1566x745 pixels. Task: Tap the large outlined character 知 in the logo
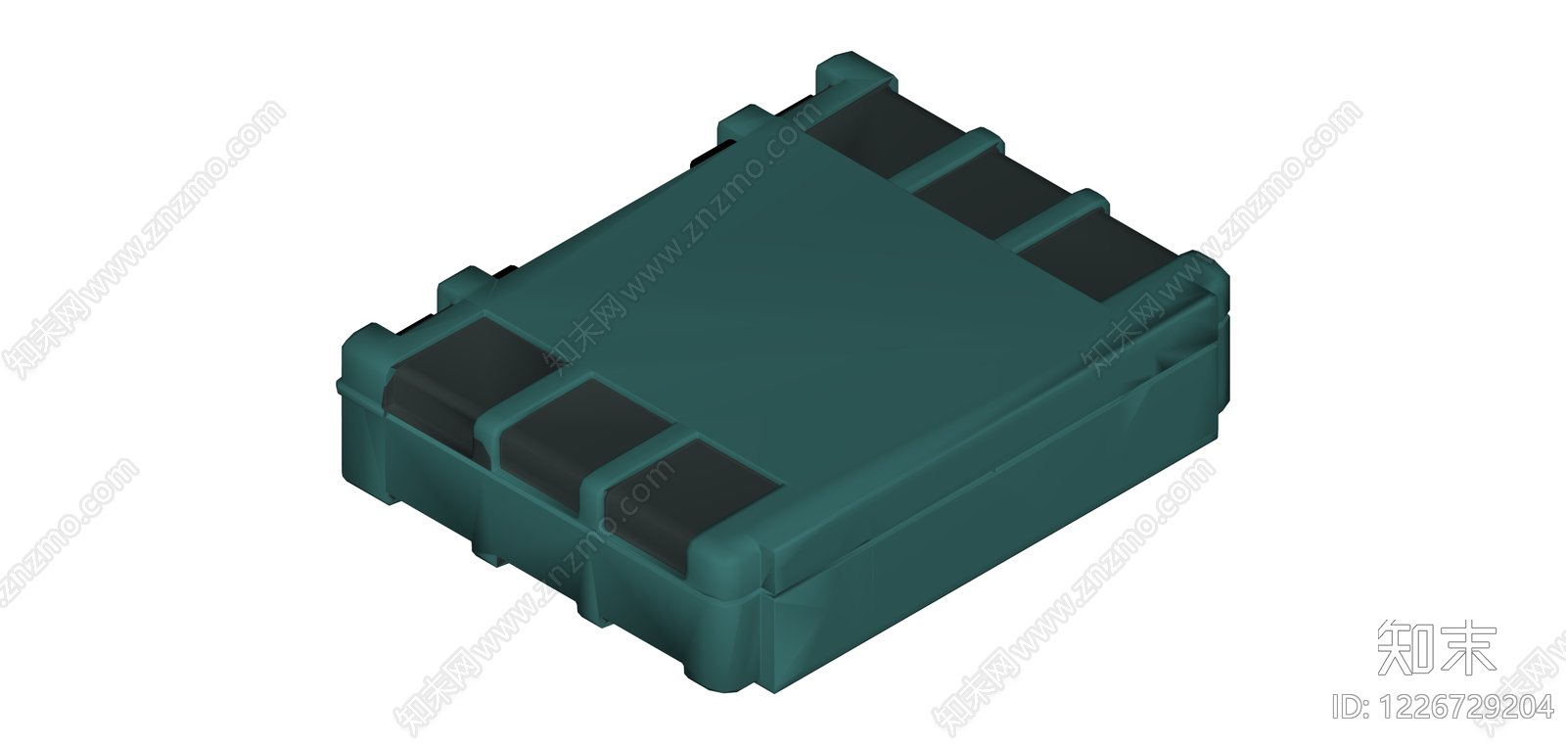tap(1405, 649)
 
